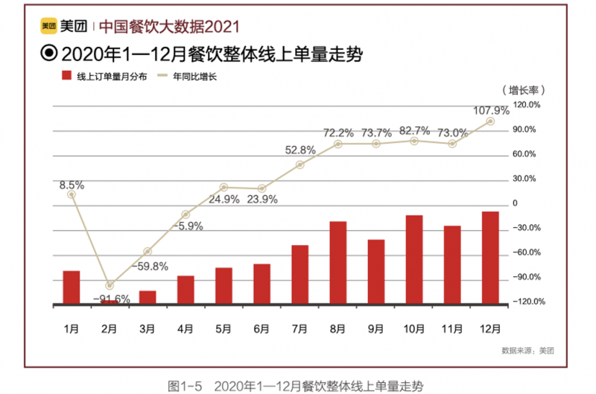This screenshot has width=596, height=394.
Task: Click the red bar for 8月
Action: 338,262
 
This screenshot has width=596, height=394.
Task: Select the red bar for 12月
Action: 490,258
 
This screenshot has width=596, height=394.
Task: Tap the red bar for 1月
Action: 72,287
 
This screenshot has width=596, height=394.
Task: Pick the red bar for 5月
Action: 223,285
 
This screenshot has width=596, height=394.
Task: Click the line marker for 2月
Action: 110,285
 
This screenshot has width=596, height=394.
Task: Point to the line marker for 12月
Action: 490,121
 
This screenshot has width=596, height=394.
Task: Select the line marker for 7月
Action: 300,165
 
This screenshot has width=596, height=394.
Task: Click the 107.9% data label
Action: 491,110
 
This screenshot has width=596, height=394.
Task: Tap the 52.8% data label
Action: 300,150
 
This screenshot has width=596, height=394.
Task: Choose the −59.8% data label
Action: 150,266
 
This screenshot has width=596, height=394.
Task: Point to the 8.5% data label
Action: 72,184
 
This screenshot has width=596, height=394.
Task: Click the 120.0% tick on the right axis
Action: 526,105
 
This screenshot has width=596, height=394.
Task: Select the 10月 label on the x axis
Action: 414,328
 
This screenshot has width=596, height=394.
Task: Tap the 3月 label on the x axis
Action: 148,328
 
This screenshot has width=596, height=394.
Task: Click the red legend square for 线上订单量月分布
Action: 66,76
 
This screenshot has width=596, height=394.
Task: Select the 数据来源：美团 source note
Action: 528,349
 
